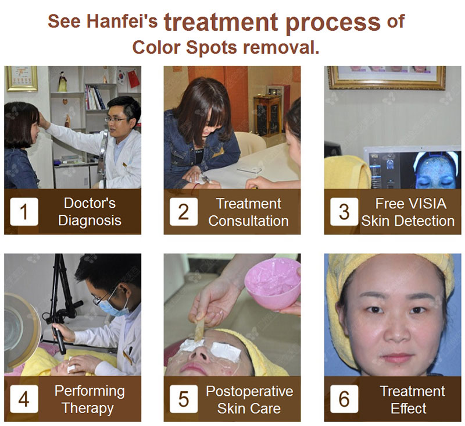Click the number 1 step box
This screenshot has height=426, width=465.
[x=24, y=212]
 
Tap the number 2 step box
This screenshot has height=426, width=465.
[x=184, y=212]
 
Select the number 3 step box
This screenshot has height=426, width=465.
[x=344, y=212]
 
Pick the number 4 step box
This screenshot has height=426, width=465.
[x=24, y=399]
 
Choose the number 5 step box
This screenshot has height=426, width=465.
[x=184, y=399]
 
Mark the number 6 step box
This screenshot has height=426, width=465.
[x=344, y=399]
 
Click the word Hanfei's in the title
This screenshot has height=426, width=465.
[x=122, y=22]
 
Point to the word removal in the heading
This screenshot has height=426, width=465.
[x=281, y=48]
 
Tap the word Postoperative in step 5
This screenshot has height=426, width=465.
[x=249, y=391]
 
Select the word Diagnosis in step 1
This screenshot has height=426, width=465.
[x=90, y=221]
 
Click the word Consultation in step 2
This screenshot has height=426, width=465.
[x=249, y=221]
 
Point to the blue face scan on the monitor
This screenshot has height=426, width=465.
[x=434, y=170]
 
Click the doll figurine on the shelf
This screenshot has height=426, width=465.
[x=62, y=81]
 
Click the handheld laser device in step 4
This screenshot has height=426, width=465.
[x=59, y=339]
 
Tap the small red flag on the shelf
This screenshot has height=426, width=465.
[x=134, y=79]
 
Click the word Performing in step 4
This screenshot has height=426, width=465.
[x=90, y=391]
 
